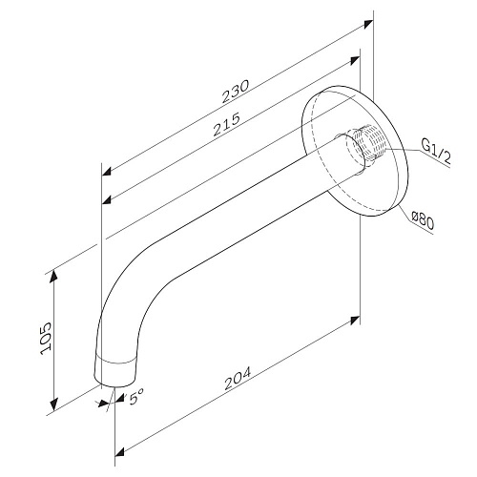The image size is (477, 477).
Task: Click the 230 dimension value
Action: click(236, 92)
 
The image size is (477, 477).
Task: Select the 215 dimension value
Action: click(227, 124)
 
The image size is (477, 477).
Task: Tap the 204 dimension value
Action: click(238, 379)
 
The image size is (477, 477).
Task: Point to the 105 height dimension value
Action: click(46, 339)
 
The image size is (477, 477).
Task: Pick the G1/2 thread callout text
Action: click(436, 152)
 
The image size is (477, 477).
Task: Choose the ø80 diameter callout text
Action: click(423, 220)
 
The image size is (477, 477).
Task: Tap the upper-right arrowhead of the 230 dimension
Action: click(368, 24)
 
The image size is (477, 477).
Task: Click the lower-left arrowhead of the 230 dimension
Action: click(107, 171)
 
